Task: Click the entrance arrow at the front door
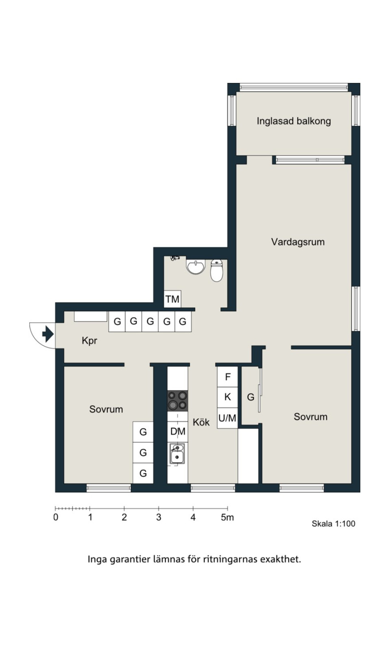click(48, 334)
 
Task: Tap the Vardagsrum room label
click(298, 242)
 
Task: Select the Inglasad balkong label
click(294, 121)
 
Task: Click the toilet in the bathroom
click(217, 270)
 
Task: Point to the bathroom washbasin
click(196, 266)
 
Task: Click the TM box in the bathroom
click(172, 299)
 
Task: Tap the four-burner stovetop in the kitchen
click(178, 401)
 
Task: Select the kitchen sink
click(178, 454)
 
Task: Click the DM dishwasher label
click(178, 431)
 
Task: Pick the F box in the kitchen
click(227, 377)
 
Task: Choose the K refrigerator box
click(227, 397)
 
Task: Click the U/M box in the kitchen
click(227, 418)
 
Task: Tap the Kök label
click(201, 422)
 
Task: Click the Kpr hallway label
click(89, 341)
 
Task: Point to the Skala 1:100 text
click(334, 532)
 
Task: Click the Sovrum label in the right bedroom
click(310, 417)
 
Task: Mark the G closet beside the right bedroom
click(250, 397)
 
